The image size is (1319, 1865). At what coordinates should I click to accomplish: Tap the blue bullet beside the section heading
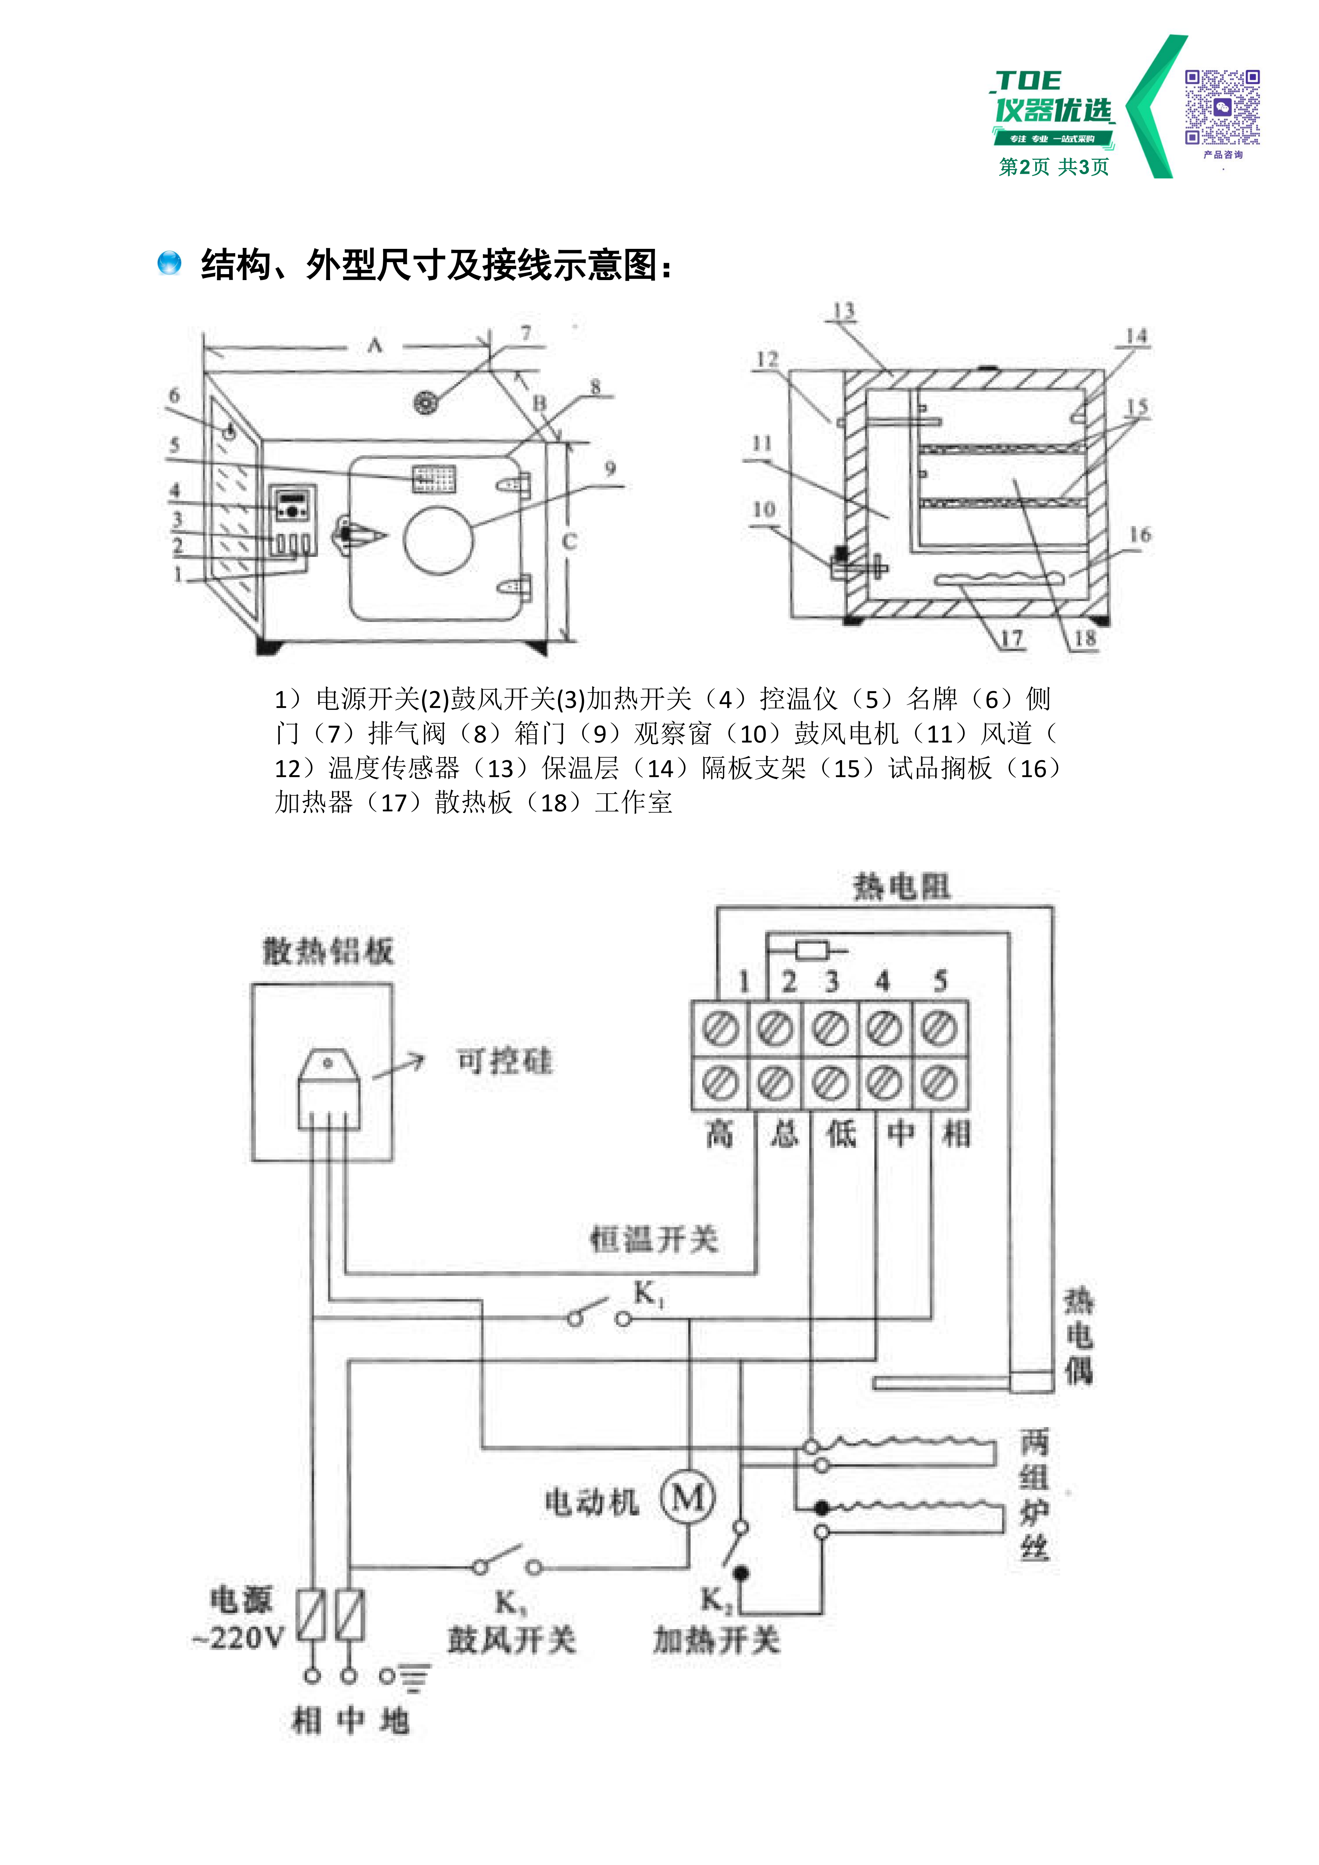[x=169, y=263]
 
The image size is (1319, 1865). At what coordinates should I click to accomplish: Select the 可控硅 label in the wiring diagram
[x=504, y=1061]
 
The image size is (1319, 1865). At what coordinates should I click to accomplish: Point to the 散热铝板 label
[x=328, y=950]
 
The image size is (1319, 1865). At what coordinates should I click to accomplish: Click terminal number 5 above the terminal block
[x=940, y=981]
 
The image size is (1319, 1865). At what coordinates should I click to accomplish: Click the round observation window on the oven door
[x=439, y=540]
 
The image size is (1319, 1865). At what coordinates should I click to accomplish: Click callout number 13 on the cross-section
[x=844, y=311]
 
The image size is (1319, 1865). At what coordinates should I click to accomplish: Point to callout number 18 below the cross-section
[x=1085, y=639]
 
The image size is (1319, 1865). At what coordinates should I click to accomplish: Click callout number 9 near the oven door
[x=610, y=469]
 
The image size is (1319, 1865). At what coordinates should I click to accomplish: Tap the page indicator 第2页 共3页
[x=1053, y=166]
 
